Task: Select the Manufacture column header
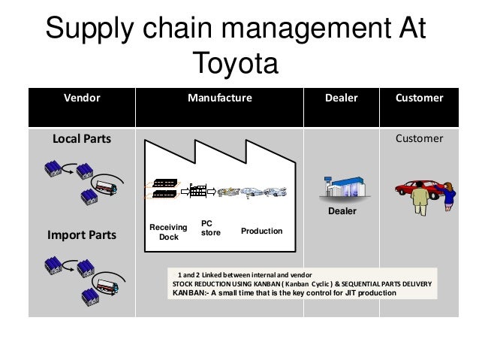pos(220,98)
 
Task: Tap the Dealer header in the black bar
pos(342,98)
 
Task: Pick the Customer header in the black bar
pos(419,98)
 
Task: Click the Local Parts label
pos(78,139)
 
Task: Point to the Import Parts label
pos(83,235)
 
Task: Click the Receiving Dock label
pos(164,232)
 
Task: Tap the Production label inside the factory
pos(262,231)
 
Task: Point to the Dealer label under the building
pos(342,213)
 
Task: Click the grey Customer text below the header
pos(419,139)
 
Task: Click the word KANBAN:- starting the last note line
pos(191,293)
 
